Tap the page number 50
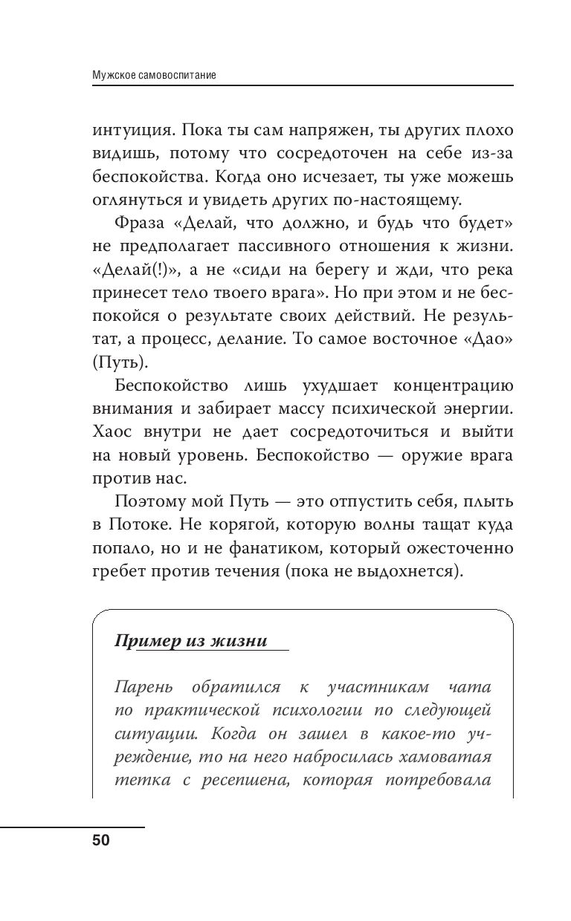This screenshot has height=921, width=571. pyautogui.click(x=100, y=841)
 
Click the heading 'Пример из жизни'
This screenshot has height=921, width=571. pyautogui.click(x=190, y=641)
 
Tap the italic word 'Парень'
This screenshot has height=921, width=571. pyautogui.click(x=143, y=689)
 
